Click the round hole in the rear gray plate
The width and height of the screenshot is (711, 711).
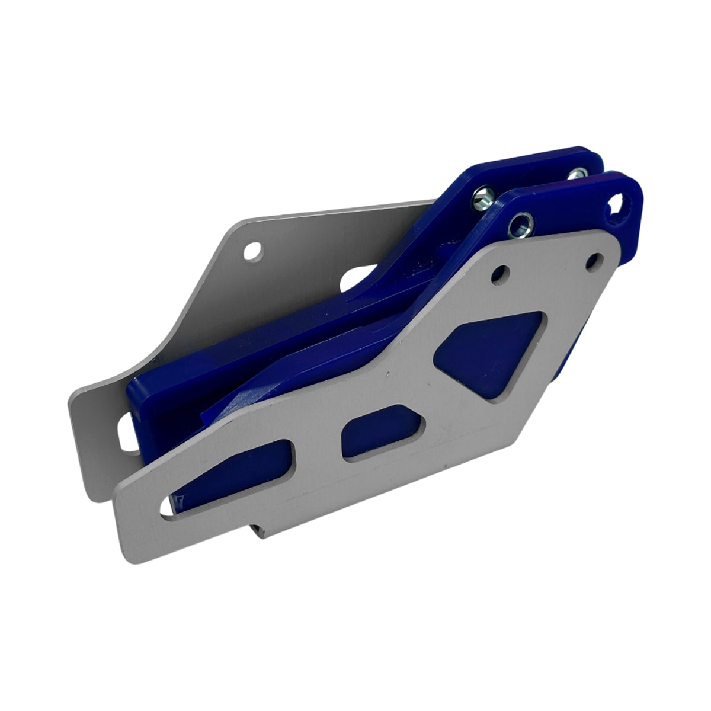click(253, 251)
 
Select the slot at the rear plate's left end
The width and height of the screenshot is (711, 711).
click(127, 433)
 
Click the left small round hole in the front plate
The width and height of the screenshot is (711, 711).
click(501, 274)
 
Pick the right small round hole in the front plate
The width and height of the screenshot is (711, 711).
click(594, 261)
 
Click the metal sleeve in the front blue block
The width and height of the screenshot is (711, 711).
click(521, 225)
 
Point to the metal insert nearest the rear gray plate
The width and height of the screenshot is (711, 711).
click(483, 198)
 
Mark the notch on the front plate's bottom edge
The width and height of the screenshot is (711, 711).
click(261, 529)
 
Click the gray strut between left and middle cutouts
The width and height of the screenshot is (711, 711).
click(317, 453)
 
